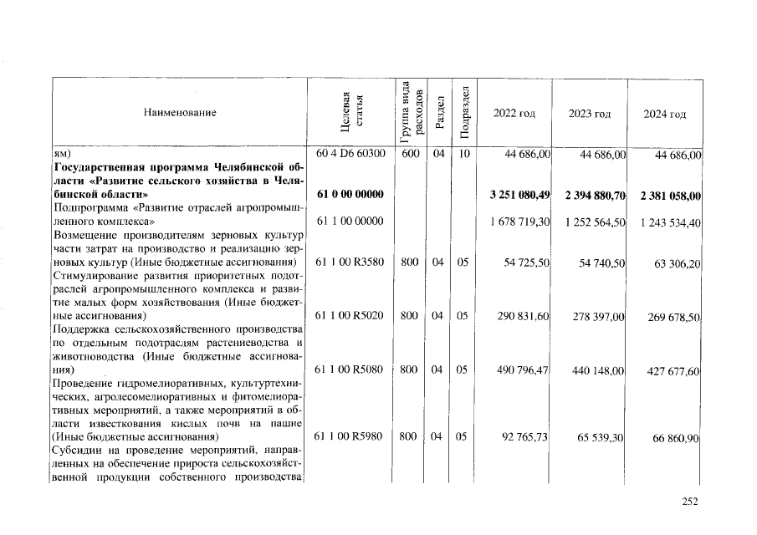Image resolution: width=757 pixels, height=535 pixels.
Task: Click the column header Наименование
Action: click(x=179, y=113)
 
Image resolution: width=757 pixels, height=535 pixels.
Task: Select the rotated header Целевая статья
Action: click(x=350, y=113)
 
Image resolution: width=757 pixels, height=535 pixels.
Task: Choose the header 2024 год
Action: click(x=665, y=114)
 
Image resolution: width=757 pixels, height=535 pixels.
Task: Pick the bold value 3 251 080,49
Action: click(x=519, y=195)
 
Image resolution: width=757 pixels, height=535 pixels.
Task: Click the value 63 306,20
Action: click(x=672, y=262)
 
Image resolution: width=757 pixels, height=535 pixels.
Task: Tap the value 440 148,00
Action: click(x=597, y=370)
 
